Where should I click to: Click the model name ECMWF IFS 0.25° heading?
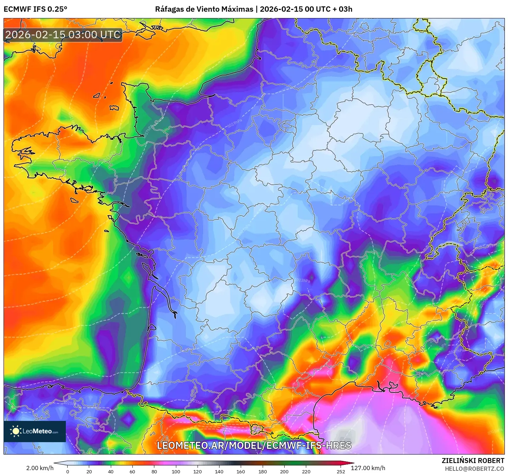[35, 9]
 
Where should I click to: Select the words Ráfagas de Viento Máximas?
[204, 9]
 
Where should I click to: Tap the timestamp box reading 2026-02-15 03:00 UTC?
[63, 35]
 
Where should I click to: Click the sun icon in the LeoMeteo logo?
[16, 431]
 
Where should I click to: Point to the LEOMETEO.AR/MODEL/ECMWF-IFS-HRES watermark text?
[254, 445]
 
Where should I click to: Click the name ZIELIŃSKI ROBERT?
[473, 461]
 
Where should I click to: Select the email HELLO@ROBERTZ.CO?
[474, 469]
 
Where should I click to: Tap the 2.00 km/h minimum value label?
[40, 468]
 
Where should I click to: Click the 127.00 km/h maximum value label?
[368, 468]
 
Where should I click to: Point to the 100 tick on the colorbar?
[176, 471]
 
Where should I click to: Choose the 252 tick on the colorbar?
[341, 471]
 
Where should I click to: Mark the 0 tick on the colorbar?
[68, 471]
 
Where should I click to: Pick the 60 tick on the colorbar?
[132, 471]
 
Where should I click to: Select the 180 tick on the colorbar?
[263, 471]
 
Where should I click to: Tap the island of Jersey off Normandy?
[114, 108]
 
